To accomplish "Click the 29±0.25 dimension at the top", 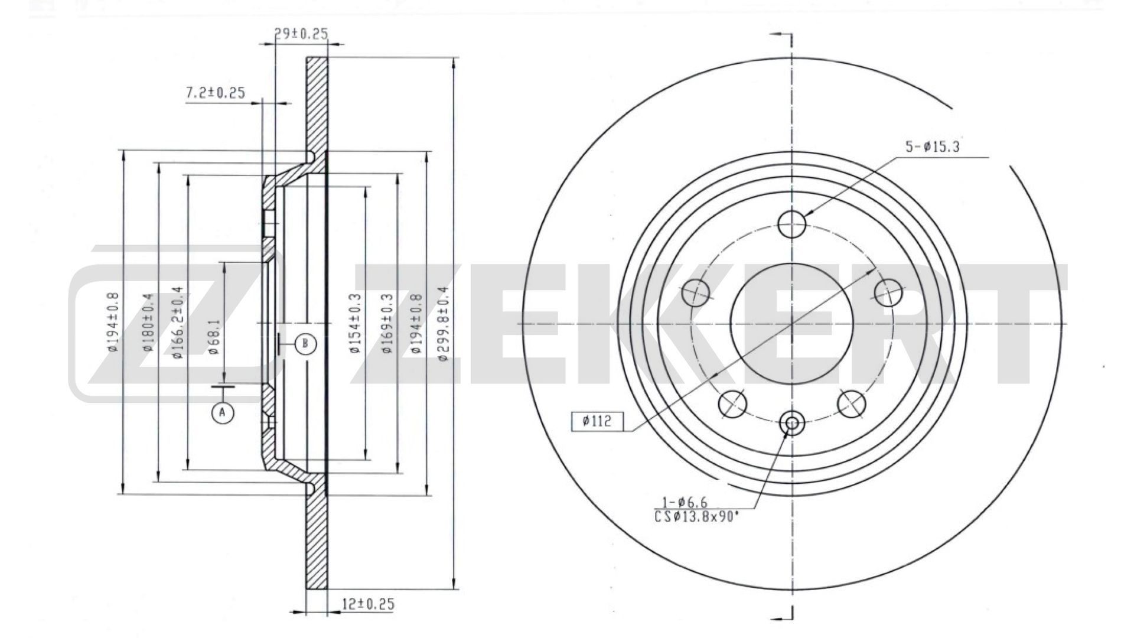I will click(x=301, y=34).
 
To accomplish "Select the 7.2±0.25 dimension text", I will click(x=215, y=93).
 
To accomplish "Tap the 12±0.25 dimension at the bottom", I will click(x=368, y=604).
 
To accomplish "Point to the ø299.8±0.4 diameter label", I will click(x=444, y=324).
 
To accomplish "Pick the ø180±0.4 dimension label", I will click(x=148, y=322).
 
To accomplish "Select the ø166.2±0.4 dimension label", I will click(x=177, y=322).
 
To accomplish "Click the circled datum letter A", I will click(x=222, y=412).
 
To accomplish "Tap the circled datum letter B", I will click(x=305, y=344).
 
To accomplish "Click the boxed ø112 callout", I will click(x=597, y=421).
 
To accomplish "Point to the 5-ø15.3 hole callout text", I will click(x=933, y=147).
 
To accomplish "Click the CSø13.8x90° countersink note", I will click(x=696, y=517).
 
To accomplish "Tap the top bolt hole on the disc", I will click(x=791, y=224).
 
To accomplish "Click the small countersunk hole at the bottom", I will click(x=791, y=422).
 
